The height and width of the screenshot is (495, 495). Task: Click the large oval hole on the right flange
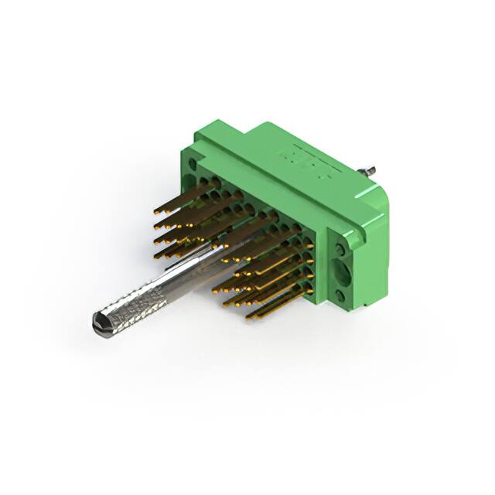pyautogui.click(x=343, y=274)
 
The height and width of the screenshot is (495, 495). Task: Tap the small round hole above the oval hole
pyautogui.click(x=341, y=249)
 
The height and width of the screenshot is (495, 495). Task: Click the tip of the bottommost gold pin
pyautogui.click(x=250, y=317)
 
